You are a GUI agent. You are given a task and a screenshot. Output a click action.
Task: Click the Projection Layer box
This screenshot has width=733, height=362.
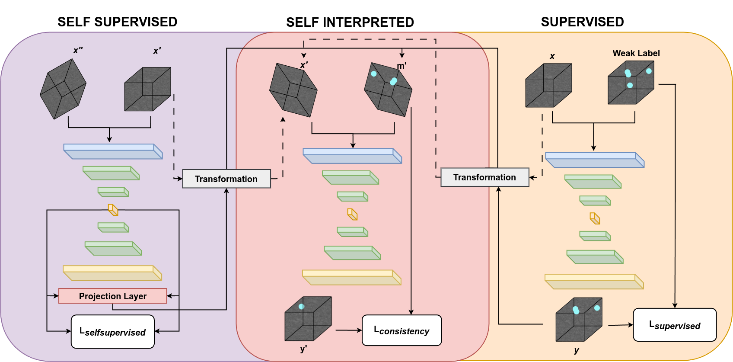112,296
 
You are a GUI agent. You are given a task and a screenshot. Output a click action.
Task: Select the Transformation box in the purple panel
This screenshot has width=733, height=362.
226,179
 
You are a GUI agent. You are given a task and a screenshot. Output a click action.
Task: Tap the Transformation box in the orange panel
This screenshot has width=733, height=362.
484,177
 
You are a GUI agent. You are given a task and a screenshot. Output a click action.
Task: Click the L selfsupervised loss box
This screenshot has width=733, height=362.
112,332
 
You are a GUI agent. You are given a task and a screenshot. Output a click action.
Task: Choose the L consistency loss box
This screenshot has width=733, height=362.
402,330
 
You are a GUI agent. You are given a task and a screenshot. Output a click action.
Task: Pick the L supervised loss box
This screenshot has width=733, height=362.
674,325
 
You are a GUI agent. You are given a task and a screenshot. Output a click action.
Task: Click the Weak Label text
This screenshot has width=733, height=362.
636,53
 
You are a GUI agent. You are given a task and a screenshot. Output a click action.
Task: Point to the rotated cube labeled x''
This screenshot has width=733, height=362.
63,89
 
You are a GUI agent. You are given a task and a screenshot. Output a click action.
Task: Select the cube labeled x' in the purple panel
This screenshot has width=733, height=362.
147,89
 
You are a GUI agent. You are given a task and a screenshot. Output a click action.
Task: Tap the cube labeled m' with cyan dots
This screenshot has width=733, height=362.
388,90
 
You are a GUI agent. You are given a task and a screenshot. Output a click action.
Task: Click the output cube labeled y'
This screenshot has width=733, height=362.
308,318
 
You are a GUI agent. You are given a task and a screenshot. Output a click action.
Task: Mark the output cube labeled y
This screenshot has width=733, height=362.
579,319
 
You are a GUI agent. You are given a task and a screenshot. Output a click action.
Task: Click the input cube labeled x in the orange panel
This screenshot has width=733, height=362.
548,85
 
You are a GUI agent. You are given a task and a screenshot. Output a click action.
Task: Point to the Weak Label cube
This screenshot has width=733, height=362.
631,83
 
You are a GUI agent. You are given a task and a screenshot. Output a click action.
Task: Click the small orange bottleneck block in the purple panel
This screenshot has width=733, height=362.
113,210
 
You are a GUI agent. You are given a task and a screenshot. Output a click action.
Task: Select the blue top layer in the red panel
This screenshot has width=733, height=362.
352,156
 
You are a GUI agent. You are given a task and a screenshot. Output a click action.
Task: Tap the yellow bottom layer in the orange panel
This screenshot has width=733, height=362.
594,282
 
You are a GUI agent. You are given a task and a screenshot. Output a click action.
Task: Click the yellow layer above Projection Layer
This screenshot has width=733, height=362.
112,273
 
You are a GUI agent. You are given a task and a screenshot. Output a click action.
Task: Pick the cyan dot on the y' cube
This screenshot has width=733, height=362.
302,307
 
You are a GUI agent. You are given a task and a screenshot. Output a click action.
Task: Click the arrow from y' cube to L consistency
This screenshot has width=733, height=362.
348,330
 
